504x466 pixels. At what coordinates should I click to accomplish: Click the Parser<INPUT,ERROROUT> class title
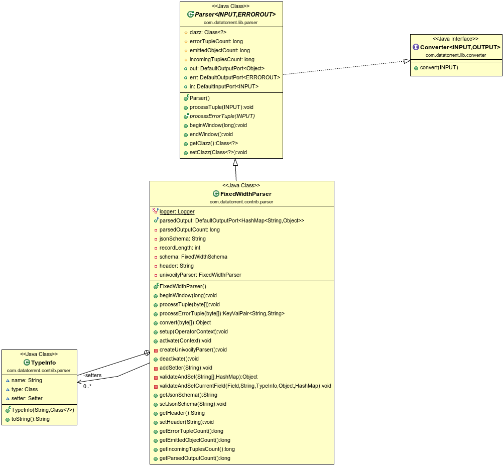[235, 15]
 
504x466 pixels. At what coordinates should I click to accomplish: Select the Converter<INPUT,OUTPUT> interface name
[460, 47]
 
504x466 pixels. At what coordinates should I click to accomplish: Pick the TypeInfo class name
[43, 363]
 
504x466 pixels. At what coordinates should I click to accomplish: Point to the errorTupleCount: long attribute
[216, 41]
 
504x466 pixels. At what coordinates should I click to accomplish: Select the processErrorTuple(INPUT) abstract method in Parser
[222, 116]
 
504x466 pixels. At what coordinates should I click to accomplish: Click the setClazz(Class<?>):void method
[218, 152]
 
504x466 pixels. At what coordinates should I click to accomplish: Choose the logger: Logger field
[177, 211]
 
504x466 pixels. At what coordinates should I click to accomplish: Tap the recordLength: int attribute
[180, 248]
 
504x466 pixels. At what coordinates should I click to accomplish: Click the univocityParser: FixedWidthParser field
[200, 275]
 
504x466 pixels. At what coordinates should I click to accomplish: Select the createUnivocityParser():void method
[193, 350]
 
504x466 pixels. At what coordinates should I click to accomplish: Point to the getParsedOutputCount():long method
[195, 458]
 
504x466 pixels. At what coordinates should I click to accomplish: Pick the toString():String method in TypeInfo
[30, 419]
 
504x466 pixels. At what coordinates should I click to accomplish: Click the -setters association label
[92, 375]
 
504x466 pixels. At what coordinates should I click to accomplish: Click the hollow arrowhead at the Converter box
[407, 61]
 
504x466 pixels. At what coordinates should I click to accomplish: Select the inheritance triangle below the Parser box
[235, 162]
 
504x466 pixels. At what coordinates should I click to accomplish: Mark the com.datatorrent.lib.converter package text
[456, 55]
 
